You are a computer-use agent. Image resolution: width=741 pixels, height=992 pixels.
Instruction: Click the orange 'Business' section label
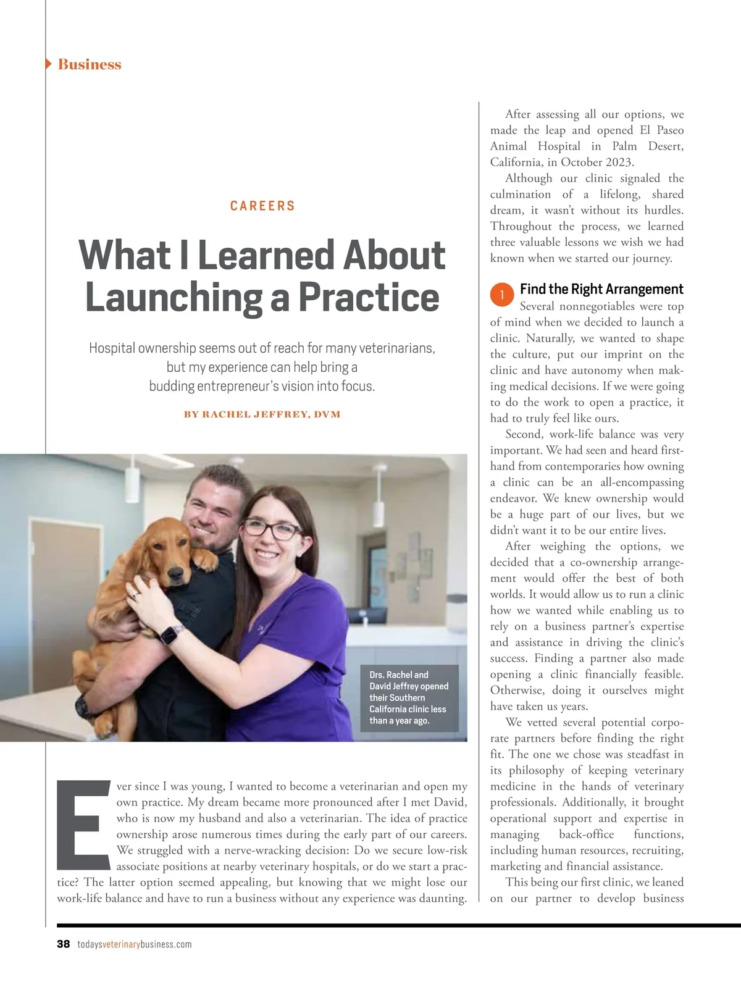coord(90,64)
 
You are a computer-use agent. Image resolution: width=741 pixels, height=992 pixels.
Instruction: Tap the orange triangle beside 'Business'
coord(49,64)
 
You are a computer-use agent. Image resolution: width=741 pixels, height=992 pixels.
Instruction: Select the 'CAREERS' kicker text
coord(262,206)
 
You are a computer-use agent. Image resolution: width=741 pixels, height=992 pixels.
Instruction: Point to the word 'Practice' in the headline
coord(369,298)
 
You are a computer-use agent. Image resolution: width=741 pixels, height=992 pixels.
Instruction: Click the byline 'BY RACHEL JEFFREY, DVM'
coord(262,414)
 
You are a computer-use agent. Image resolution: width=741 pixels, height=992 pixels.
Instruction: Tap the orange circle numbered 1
coord(502,295)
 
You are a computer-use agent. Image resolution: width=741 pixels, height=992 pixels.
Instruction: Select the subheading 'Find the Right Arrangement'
coord(601,289)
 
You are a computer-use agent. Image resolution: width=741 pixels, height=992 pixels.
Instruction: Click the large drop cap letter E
coord(83,825)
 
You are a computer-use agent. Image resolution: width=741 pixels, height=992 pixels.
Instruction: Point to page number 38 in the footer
coord(63,944)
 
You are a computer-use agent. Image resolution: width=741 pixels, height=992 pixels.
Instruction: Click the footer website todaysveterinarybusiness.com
coord(135,944)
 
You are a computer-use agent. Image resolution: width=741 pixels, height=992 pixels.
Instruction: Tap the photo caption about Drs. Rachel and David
coord(409,698)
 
